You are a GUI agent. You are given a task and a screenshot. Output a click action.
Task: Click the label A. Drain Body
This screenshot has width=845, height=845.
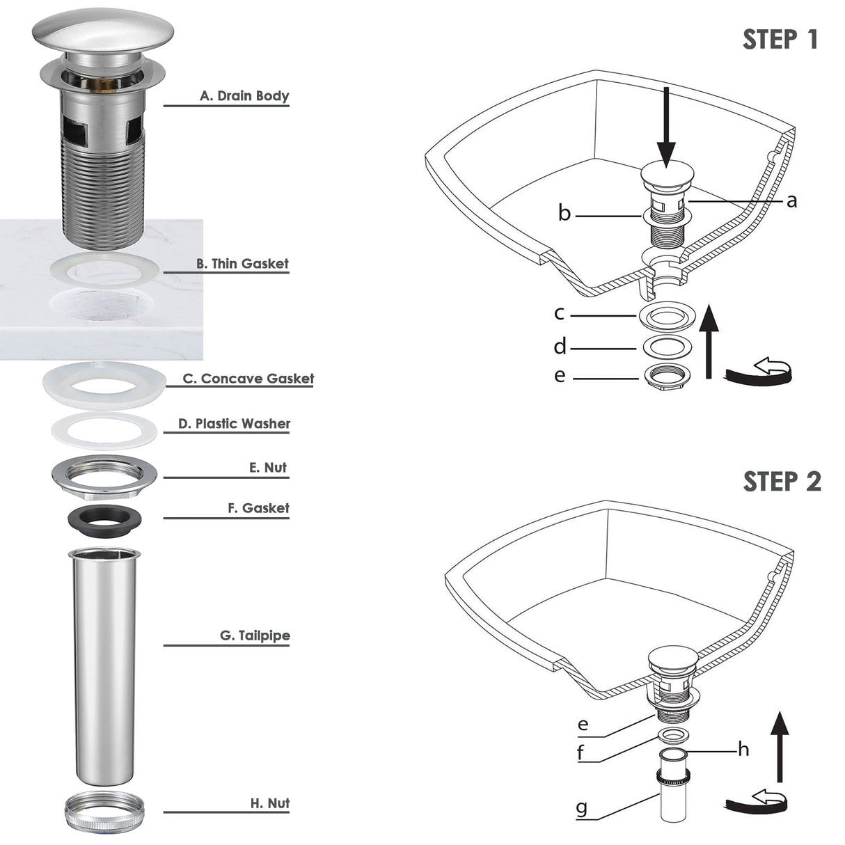(244, 96)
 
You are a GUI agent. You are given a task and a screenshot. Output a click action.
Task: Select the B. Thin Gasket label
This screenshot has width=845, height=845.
(242, 264)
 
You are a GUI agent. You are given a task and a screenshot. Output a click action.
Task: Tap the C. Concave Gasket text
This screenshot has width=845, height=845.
(248, 379)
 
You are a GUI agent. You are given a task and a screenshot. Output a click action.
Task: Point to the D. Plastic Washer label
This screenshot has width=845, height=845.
(234, 424)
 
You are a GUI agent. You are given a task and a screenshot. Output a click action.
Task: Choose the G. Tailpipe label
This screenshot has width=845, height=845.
(255, 635)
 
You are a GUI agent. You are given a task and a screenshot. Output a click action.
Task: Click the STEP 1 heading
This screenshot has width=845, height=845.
(780, 40)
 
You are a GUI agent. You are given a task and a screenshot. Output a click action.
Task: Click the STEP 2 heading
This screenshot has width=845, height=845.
(782, 482)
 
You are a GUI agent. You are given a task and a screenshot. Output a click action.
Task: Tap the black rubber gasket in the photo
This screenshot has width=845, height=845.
(104, 520)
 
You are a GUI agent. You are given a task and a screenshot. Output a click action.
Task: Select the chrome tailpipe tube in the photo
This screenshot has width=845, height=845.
(104, 668)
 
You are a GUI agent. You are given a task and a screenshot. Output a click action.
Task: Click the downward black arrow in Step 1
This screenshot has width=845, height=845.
(666, 125)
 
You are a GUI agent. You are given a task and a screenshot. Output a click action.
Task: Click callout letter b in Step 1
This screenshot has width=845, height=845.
(564, 213)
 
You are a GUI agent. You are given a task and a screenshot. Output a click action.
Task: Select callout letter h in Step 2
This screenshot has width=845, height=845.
(743, 750)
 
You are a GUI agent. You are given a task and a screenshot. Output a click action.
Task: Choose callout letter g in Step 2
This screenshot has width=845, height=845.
(582, 808)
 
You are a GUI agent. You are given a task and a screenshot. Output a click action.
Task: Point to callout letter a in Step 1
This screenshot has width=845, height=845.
(791, 201)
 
